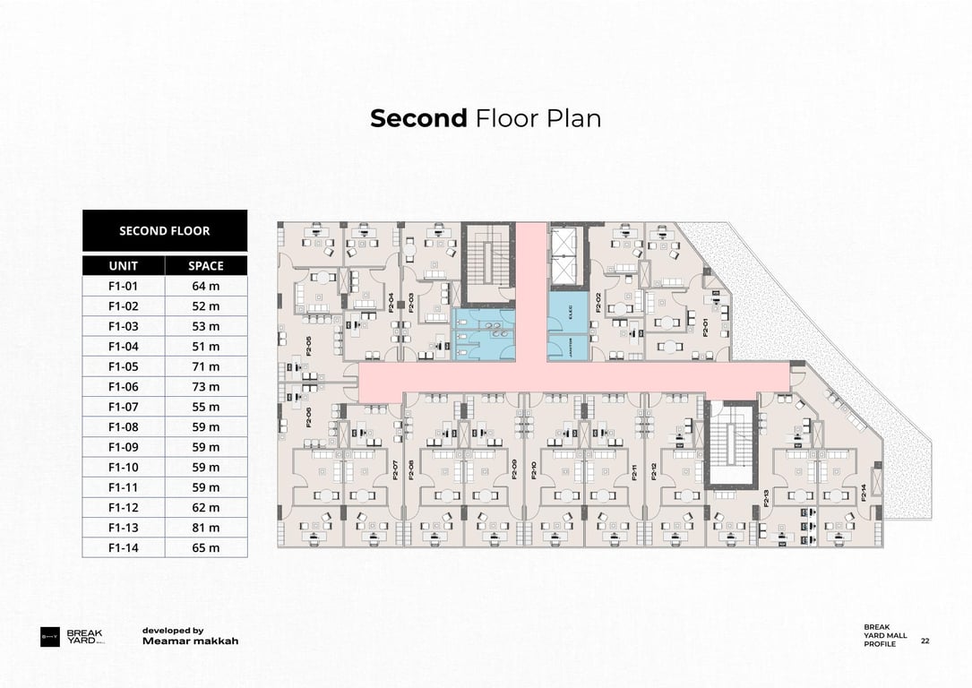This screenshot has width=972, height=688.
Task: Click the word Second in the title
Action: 418,118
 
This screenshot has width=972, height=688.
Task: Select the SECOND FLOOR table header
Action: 165,231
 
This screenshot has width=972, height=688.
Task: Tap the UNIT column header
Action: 124,266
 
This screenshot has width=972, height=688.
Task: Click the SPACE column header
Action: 206,266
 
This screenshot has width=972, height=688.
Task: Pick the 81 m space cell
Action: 206,528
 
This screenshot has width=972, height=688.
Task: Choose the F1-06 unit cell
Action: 124,387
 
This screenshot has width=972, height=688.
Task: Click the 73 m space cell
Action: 206,387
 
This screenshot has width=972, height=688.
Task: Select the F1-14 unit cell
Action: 124,548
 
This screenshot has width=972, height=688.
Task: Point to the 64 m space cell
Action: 206,287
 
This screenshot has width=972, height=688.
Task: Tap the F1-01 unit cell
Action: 124,287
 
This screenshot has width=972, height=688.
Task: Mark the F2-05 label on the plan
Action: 308,346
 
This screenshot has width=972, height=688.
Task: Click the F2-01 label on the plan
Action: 705,327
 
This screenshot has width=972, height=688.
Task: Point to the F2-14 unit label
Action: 864,492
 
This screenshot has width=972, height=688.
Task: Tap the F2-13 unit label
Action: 767,497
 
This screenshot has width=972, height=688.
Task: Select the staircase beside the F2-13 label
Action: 732,444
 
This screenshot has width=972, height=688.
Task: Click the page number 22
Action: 925,641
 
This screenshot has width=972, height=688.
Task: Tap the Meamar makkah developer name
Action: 190,641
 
